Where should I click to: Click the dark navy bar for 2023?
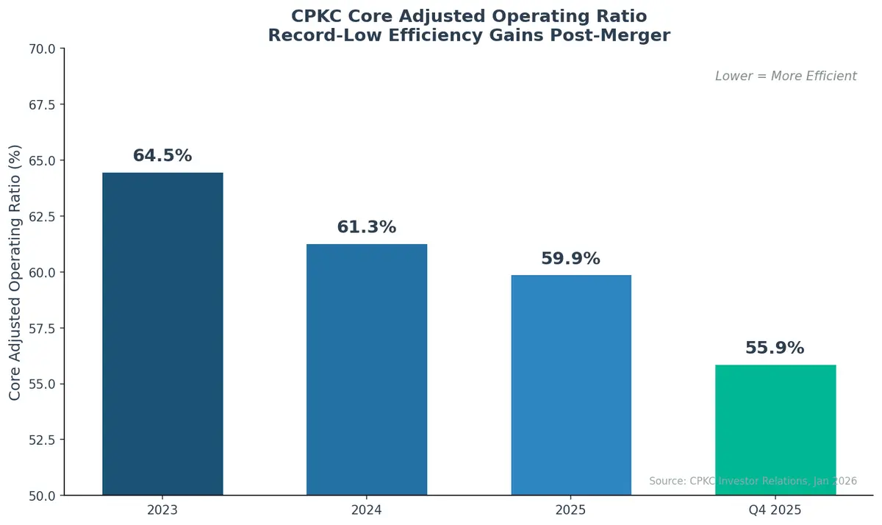(x=162, y=334)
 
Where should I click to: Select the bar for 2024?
(x=367, y=369)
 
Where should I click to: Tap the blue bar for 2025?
(x=570, y=385)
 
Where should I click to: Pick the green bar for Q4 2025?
(x=775, y=429)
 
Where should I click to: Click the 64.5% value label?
(x=162, y=156)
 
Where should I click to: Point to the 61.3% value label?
(x=367, y=227)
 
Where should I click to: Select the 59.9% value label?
(x=570, y=259)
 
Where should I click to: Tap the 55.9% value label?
(x=775, y=348)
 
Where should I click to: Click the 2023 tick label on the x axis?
(x=162, y=510)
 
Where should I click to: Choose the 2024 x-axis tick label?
(x=367, y=510)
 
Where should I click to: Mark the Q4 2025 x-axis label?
(x=775, y=510)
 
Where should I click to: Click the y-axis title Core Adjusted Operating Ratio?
(x=15, y=272)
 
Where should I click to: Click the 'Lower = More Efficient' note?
(x=786, y=76)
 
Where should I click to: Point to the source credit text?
(x=753, y=481)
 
